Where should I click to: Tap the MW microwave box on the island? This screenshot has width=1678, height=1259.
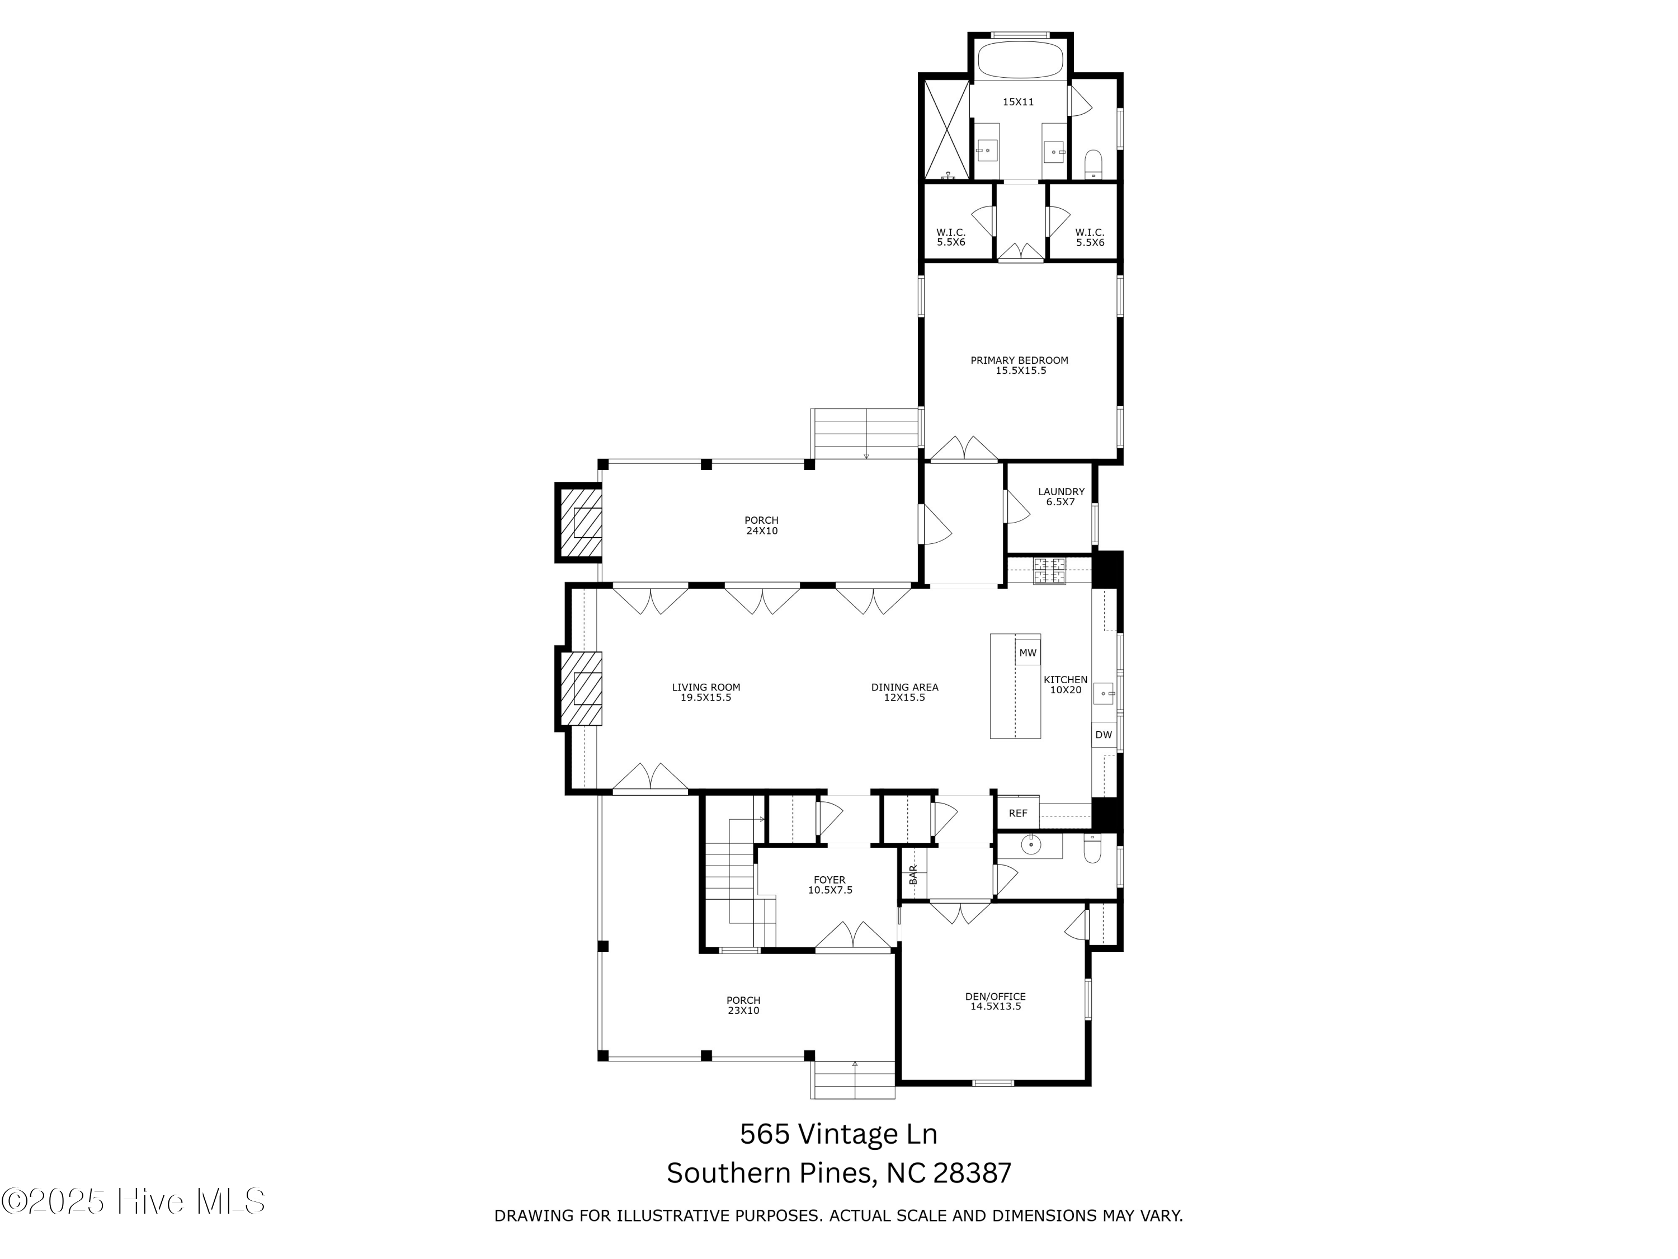click(1027, 652)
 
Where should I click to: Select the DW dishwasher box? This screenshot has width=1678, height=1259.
click(1103, 735)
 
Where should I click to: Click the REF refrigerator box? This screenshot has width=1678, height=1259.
click(1017, 813)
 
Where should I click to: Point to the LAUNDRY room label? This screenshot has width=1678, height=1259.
click(1060, 496)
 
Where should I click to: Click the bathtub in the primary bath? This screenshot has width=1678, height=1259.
click(1019, 58)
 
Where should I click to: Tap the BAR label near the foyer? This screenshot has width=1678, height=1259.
click(913, 874)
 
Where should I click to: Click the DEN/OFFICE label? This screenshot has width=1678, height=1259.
click(995, 1001)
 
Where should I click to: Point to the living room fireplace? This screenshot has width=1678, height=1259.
click(582, 688)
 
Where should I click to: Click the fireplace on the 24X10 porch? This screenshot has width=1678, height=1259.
click(582, 523)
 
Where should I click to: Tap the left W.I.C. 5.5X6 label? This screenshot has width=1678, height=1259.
click(950, 237)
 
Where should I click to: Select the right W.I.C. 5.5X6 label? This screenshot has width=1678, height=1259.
click(1090, 237)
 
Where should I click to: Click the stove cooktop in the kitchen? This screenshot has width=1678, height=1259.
click(1049, 571)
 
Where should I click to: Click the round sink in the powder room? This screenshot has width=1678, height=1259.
click(1030, 844)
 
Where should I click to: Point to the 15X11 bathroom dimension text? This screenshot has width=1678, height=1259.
click(1018, 102)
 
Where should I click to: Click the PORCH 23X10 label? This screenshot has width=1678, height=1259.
click(743, 1005)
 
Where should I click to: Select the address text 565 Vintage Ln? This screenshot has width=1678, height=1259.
click(838, 1134)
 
